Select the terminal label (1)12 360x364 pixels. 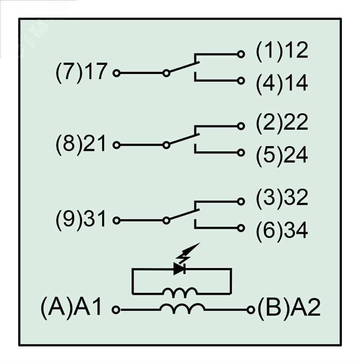pyautogui.click(x=282, y=51)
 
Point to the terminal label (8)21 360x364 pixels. pyautogui.click(x=81, y=145)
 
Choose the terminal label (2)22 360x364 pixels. pyautogui.click(x=282, y=123)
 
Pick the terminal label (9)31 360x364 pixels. pyautogui.click(x=81, y=220)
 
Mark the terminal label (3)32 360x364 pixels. pyautogui.click(x=282, y=198)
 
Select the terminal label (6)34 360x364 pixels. pyautogui.click(x=282, y=231)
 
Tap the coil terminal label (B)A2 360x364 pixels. pyautogui.click(x=289, y=310)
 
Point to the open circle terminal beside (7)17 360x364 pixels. pyautogui.click(x=116, y=73)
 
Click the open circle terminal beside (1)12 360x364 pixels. pyautogui.click(x=241, y=54)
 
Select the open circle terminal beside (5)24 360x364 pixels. pyautogui.click(x=241, y=153)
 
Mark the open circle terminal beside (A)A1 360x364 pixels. pyautogui.click(x=116, y=310)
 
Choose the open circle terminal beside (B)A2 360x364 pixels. pyautogui.click(x=251, y=310)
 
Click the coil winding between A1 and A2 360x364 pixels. pyautogui.click(x=182, y=308)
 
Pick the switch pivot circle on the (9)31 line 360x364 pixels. pyautogui.click(x=166, y=220)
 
